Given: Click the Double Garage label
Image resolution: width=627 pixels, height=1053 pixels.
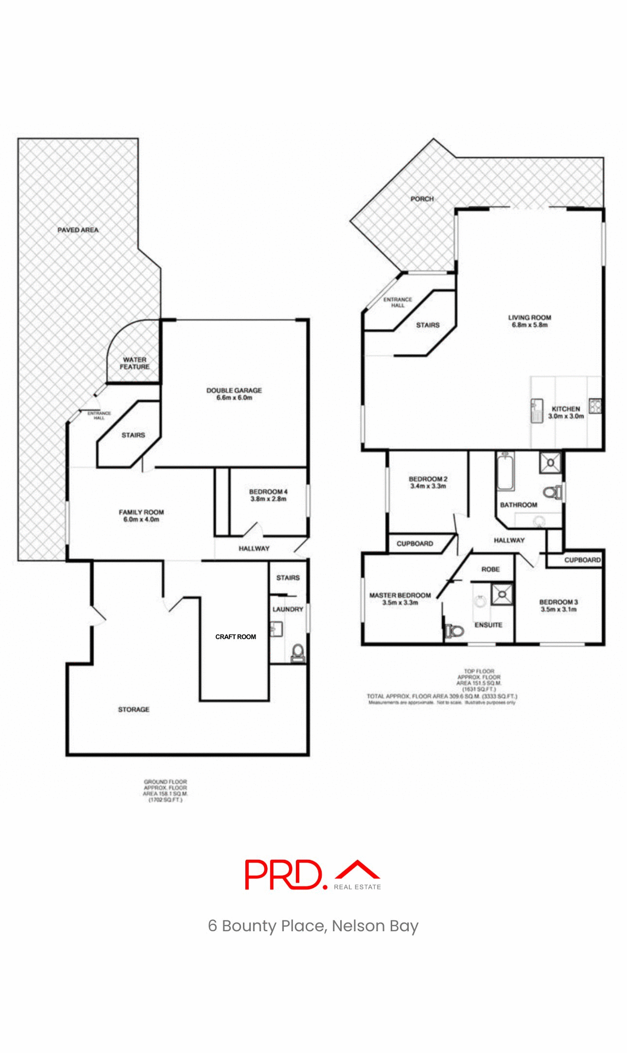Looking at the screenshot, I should coord(234,390).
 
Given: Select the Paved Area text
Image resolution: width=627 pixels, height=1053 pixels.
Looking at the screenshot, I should coord(78,230).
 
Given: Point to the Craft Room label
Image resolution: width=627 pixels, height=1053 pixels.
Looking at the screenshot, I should coord(235,637).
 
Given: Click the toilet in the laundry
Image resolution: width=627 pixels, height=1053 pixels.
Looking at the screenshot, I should coord(297,653).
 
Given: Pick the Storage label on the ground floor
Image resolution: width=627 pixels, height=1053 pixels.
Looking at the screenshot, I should coord(133,709).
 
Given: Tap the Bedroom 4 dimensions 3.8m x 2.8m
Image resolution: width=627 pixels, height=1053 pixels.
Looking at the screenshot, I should coord(268,499).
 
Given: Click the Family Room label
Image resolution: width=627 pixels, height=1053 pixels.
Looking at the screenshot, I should coord(141,512).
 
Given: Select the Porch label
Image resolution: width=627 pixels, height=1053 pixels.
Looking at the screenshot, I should coord(422,199).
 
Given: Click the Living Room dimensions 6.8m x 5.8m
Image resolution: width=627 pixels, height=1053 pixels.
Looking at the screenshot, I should coord(529,325).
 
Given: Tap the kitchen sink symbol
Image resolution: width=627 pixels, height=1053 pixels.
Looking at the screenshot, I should coord(536,410).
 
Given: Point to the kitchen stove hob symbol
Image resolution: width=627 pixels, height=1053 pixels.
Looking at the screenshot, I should coord(595,406).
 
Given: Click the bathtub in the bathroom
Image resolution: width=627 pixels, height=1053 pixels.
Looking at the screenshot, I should coord(505,472).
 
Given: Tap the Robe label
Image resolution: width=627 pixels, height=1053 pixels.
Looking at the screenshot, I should coord(490,569).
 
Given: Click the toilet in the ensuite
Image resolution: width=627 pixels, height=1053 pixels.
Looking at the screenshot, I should coord(454,631).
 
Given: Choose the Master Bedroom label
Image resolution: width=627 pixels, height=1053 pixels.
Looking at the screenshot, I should coord(400,595).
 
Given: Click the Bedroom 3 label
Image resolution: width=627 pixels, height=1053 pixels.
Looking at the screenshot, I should coord(558,602).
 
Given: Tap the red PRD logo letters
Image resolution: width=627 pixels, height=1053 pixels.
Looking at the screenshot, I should coord(284,874).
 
